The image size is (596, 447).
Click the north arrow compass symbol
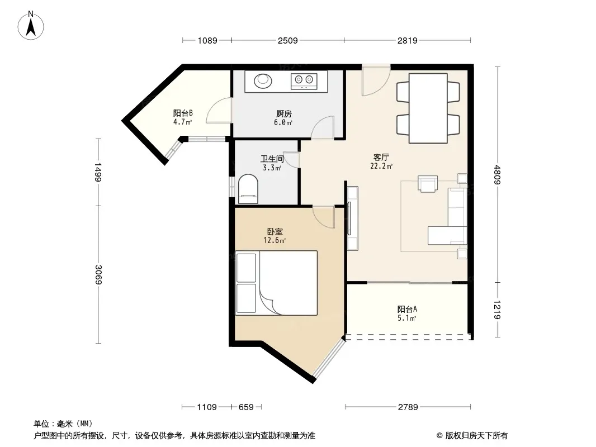point(31,26)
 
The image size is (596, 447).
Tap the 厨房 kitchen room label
point(284,113)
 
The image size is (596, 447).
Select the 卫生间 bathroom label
point(272,158)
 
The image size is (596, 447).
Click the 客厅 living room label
point(381,157)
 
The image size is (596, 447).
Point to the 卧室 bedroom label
point(275,231)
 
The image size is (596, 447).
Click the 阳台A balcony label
point(407,309)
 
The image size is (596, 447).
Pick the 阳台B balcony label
point(183,113)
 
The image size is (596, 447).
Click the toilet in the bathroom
point(248,189)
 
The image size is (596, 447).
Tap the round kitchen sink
point(263,80)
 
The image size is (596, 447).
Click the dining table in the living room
point(428,108)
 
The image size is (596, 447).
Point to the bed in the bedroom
point(276,283)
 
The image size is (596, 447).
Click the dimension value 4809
point(497,175)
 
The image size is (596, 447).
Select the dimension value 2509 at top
point(288,40)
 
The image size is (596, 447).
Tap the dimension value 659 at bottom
point(246,407)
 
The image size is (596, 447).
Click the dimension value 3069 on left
point(98,274)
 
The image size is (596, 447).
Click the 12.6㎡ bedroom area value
point(275,240)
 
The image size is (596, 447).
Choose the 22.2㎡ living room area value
point(381,167)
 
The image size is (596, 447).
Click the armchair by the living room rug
point(428,184)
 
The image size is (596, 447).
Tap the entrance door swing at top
point(376,81)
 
